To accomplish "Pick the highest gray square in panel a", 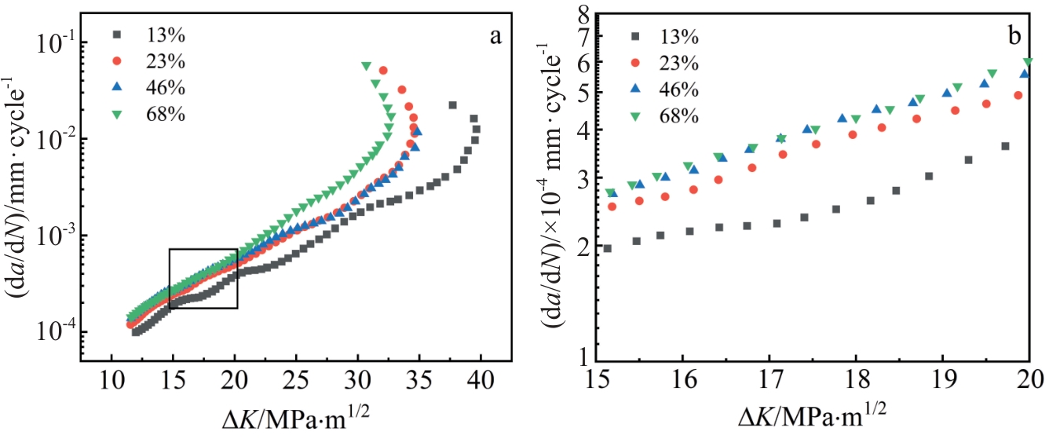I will (452, 105).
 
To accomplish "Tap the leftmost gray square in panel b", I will (607, 248).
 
